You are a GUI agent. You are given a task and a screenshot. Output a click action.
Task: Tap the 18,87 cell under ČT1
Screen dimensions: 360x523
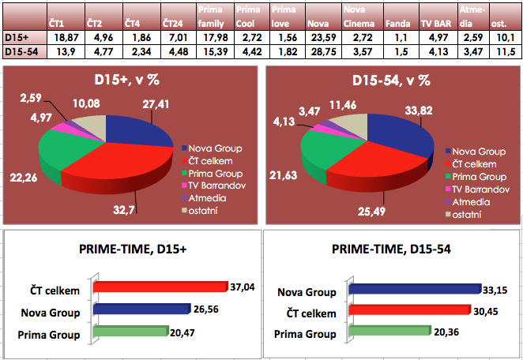[x=61, y=36]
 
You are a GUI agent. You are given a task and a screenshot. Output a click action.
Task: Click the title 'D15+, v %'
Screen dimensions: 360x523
[x=134, y=79]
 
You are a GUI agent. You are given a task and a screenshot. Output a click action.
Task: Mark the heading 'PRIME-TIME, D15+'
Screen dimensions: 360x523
[x=133, y=249]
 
